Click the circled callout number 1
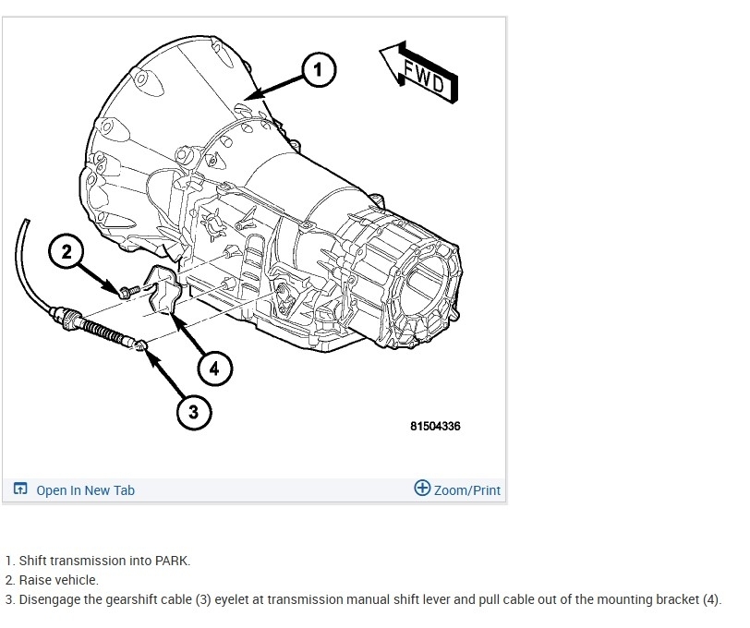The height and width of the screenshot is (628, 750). [x=318, y=68]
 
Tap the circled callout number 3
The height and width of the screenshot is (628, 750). [x=193, y=411]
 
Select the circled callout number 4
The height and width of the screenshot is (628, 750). [x=214, y=368]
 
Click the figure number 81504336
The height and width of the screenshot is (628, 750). [x=435, y=426]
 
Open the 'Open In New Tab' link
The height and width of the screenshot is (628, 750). [x=85, y=490]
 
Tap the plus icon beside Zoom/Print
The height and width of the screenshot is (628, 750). [x=422, y=489]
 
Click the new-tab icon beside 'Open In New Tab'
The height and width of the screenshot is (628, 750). [x=20, y=489]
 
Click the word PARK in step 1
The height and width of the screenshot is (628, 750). [x=171, y=561]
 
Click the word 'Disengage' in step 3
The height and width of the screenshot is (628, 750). [x=46, y=599]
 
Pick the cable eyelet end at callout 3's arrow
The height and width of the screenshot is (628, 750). [x=139, y=345]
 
